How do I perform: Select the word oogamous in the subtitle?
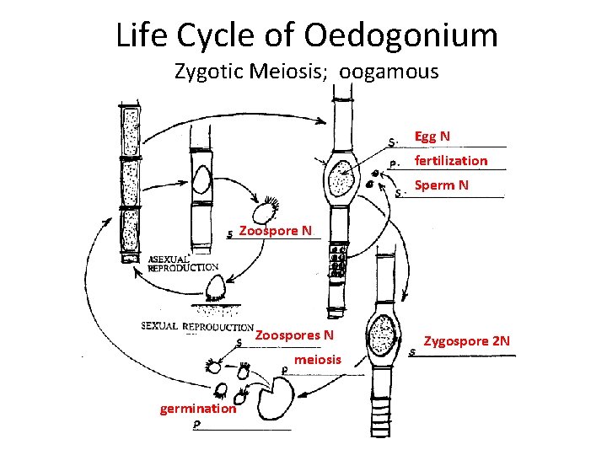[389, 72]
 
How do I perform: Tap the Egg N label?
[432, 136]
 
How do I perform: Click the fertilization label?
[450, 160]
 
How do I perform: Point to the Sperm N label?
[441, 185]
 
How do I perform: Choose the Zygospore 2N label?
[466, 341]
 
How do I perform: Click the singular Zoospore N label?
[276, 230]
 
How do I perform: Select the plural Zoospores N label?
[294, 335]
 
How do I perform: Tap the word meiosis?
[318, 360]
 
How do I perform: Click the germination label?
[198, 409]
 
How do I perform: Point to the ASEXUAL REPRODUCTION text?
[183, 263]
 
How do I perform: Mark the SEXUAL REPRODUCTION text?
[197, 326]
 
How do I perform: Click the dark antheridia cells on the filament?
[338, 262]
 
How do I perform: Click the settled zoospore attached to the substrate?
[215, 290]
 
